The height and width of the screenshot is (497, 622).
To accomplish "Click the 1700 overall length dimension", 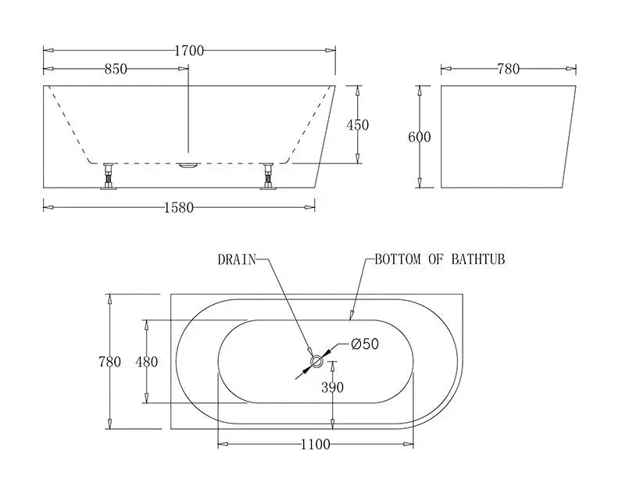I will tap(188, 51).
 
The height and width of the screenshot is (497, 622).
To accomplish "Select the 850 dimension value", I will tap(115, 69).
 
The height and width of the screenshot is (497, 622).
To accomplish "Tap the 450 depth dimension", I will tap(357, 125).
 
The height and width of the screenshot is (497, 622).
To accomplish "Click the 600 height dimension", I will tap(420, 138).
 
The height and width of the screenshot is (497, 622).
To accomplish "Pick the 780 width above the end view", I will tap(508, 69).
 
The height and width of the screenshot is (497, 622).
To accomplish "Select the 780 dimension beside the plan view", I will tap(109, 362).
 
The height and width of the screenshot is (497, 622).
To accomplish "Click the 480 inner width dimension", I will tap(146, 362).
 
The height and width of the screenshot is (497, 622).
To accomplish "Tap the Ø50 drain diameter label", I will tap(364, 344).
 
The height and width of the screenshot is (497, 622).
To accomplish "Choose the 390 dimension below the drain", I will tap(333, 387).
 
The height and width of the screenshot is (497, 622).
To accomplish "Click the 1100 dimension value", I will tap(315, 445).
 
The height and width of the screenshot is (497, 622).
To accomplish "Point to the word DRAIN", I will tap(237, 259).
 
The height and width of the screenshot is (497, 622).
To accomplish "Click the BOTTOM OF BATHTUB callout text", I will tap(439, 259).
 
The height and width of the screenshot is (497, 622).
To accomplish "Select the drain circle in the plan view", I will tap(317, 361).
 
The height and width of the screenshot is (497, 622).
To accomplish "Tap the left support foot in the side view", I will tap(108, 176).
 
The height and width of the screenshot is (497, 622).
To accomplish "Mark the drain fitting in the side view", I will tap(188, 164).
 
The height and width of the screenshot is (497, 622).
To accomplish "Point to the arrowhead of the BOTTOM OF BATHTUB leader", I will tap(352, 316).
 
